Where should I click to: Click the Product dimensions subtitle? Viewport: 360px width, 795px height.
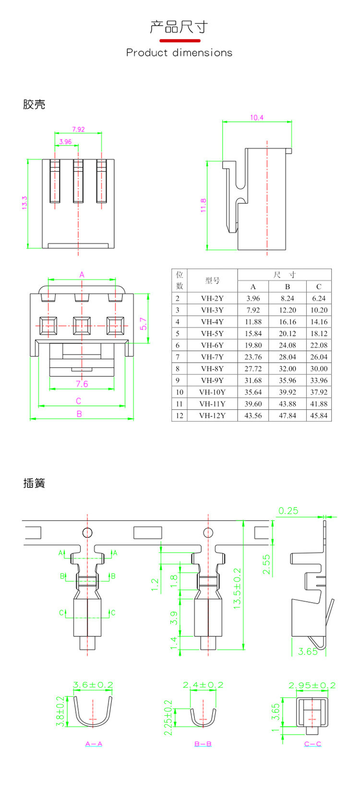pos(179,53)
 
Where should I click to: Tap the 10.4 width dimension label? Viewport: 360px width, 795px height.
pos(257,118)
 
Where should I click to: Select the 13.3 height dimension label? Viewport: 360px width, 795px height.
pos(24,202)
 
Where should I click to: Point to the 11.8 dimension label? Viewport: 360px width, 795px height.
pos(203,205)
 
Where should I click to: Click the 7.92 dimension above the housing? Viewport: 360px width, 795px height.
pos(78,129)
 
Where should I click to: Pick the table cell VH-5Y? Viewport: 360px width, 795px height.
pos(212,333)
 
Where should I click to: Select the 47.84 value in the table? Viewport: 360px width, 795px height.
pos(287,415)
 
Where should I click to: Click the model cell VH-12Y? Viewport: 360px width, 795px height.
pos(212,415)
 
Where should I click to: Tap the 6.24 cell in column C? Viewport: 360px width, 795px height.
pos(319,298)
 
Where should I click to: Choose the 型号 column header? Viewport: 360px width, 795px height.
pos(212,281)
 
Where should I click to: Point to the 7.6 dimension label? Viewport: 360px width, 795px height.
pos(82,384)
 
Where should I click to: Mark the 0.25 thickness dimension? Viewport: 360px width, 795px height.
pos(288,510)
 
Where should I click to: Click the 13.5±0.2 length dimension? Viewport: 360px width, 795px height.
pos(237,589)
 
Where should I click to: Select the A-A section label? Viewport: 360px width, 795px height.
pos(94,744)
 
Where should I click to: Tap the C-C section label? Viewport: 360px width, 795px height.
pos(312,744)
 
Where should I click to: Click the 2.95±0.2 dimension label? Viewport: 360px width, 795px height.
pos(312,685)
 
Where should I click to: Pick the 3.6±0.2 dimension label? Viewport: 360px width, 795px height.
pos(93,685)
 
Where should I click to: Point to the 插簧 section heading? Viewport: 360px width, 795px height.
pos(34,483)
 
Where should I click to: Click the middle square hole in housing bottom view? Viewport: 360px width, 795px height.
pos(82,326)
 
